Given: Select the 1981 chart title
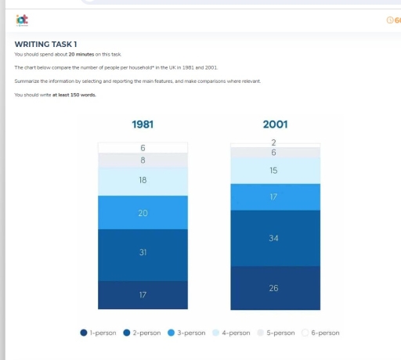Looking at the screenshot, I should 142,124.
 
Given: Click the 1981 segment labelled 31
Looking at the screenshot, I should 143,254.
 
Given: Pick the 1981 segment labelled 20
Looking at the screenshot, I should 143,212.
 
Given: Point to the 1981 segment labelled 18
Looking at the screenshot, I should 143,181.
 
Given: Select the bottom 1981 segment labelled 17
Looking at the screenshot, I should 143,294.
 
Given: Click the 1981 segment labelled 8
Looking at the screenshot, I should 143,160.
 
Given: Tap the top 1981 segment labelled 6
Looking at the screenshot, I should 143,147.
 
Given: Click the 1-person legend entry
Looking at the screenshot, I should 99,333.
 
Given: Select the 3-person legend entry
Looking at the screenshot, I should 186,333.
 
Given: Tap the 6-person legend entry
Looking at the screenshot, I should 320,333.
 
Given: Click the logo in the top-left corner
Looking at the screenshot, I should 22,20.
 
